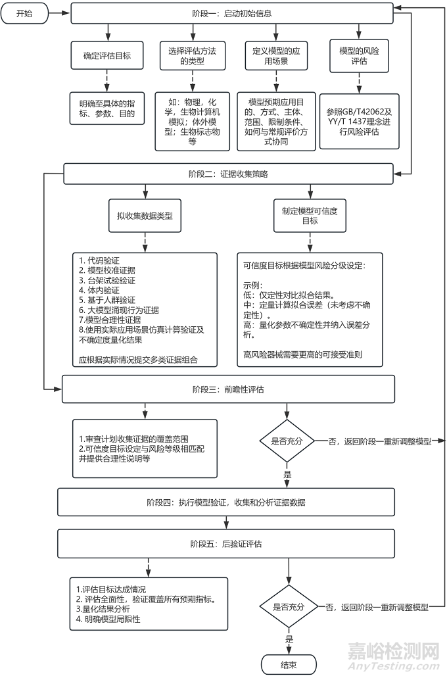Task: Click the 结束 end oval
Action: (x=289, y=664)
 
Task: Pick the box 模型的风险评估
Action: (x=359, y=56)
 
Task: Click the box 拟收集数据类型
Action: (x=145, y=215)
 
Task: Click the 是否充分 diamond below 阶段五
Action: (x=289, y=607)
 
